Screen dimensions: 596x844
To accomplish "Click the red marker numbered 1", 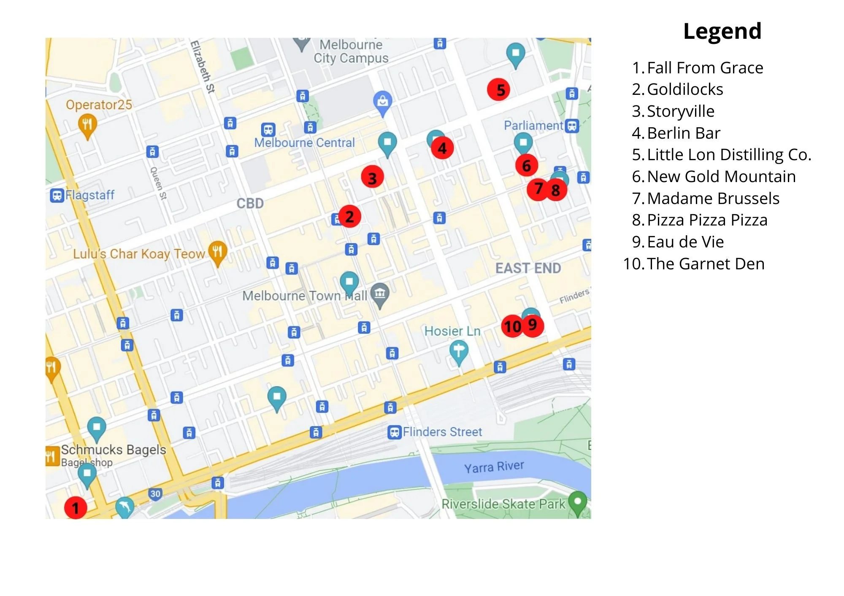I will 76,508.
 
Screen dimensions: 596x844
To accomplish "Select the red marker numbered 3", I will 372,177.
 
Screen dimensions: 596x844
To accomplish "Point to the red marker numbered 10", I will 512,326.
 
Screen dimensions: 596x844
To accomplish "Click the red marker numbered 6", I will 526,165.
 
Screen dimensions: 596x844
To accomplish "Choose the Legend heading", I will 722,31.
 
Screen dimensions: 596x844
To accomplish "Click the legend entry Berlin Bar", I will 683,133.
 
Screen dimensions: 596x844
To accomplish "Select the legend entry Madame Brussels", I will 713,199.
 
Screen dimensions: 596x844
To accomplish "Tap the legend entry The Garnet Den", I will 705,264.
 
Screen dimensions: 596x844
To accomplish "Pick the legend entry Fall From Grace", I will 705,68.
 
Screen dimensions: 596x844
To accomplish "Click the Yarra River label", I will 494,467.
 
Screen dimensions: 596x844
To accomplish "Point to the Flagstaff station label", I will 89,195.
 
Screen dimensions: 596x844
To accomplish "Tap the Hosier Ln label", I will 452,331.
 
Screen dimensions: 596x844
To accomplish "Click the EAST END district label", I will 528,268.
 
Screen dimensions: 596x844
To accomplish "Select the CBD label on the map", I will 250,204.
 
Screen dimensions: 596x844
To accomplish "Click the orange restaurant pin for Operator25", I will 87,125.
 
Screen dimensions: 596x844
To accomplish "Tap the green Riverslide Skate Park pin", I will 578,502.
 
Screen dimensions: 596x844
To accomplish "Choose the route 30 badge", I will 155,494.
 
